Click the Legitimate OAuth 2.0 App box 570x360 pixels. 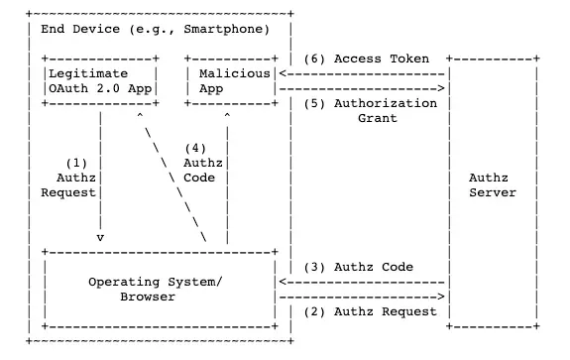pyautogui.click(x=98, y=81)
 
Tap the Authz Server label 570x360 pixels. pyautogui.click(x=492, y=185)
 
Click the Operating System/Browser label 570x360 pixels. pyautogui.click(x=155, y=289)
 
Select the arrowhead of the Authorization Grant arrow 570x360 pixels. pyautogui.click(x=441, y=89)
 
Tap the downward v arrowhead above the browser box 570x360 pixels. pyautogui.click(x=100, y=238)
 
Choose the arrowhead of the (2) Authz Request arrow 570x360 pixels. pyautogui.click(x=441, y=297)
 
